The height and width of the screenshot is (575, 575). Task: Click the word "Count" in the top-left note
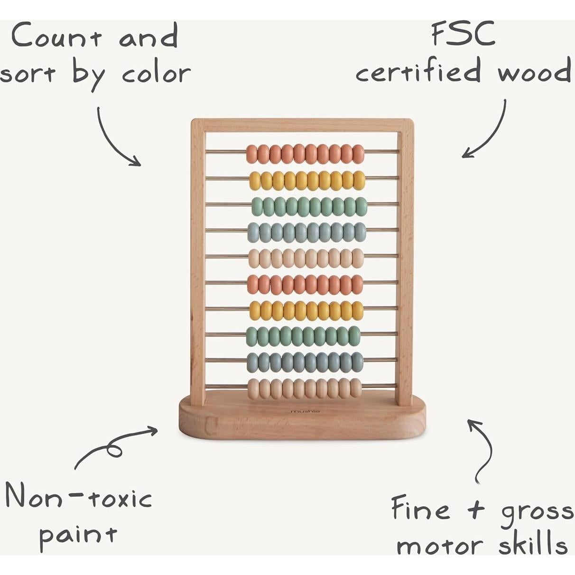56,36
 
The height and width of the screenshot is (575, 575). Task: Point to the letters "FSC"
463,34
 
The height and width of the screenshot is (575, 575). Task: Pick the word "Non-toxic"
78,497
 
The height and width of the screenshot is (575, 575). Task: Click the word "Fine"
420,509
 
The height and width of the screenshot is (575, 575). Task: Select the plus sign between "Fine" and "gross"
475,510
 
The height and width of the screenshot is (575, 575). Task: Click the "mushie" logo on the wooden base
305,411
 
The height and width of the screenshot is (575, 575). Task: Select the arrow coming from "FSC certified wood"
489,133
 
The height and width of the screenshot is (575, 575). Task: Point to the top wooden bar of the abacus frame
302,125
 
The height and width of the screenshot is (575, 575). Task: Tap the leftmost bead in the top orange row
252,154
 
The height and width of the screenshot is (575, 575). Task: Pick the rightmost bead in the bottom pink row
356,388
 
